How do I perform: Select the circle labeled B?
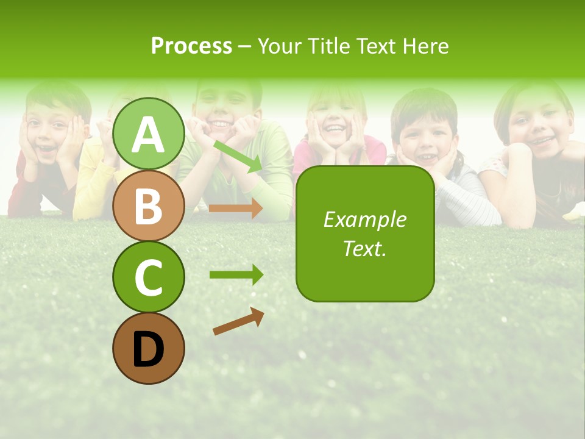pos(148,205)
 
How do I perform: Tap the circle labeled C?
pos(148,277)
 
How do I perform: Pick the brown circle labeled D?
pos(148,348)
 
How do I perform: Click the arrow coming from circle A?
pos(238,156)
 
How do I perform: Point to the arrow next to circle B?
pos(236,209)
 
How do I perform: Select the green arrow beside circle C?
pos(236,275)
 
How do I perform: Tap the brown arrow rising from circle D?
pos(238,321)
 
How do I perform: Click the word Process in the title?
pos(191,46)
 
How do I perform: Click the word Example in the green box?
pos(364,220)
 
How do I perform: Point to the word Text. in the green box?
pos(364,248)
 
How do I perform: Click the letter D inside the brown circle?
pos(148,349)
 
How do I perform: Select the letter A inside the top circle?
pos(148,135)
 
